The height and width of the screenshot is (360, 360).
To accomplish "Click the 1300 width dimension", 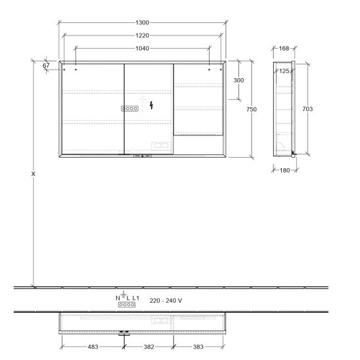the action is point(143,22).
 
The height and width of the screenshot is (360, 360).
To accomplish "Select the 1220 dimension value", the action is point(143,35).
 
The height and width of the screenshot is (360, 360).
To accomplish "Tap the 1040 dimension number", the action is point(143,48).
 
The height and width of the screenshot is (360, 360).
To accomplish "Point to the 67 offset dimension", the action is point(46,66).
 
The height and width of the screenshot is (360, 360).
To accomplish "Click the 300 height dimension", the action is point(238,80).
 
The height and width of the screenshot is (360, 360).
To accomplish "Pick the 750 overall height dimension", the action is point(252,109).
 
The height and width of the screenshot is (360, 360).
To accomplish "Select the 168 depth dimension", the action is point(284,48).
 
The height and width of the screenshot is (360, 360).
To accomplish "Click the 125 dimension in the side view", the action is point(284,71).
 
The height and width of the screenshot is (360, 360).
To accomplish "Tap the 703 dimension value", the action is point(307,109).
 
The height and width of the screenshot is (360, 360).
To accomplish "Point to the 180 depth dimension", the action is point(284,170).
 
